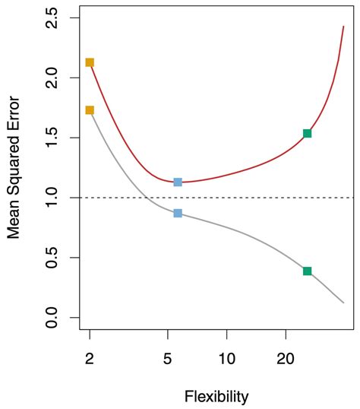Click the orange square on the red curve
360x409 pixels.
pyautogui.click(x=90, y=62)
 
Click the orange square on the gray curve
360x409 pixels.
pyautogui.click(x=90, y=110)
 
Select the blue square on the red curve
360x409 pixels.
pyautogui.click(x=178, y=182)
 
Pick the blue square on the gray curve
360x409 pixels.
pyautogui.click(x=178, y=214)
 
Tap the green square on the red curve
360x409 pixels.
pyautogui.click(x=307, y=133)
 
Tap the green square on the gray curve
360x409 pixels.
pyautogui.click(x=307, y=271)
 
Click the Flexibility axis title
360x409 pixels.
pyautogui.click(x=216, y=396)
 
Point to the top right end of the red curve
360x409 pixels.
pyautogui.click(x=343, y=26)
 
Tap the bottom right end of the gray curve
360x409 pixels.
pyautogui.click(x=343, y=303)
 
